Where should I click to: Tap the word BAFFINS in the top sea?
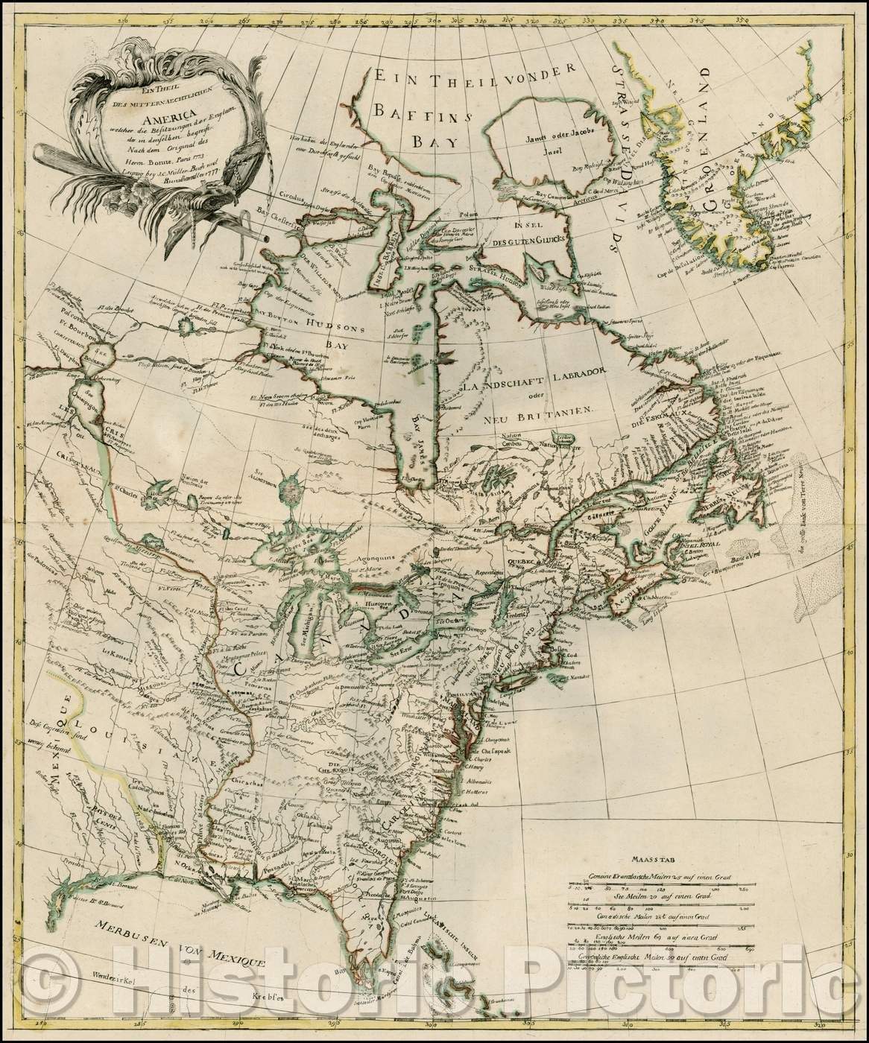click(x=424, y=114)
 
